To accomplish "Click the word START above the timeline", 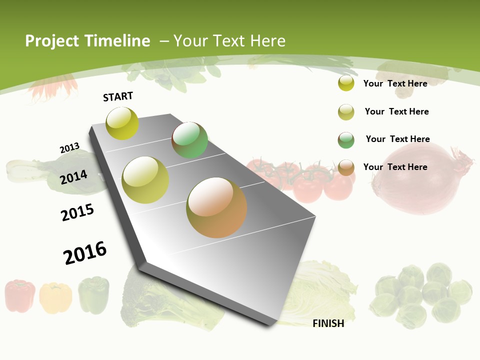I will (118, 96).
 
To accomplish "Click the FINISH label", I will (328, 323).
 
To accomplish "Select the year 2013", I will (69, 148).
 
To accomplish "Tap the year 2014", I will (73, 177).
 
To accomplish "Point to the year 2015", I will (77, 212).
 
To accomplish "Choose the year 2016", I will (85, 253).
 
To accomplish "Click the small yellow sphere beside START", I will (122, 123).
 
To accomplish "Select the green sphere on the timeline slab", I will (189, 140).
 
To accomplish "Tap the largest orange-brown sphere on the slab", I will (216, 207).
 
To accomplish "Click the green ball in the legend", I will (346, 140).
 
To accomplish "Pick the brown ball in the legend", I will (346, 167).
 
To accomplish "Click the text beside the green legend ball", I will (397, 139).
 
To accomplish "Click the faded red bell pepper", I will (20, 295).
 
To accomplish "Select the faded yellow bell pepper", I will (55, 297).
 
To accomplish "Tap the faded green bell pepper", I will (93, 294).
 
